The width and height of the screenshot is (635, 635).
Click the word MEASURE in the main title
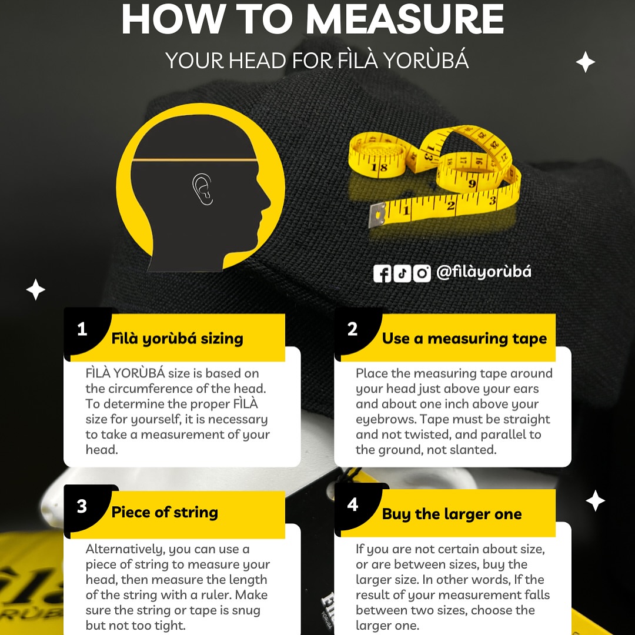(405, 19)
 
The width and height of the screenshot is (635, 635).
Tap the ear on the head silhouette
(202, 189)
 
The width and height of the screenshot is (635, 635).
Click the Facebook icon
(382, 273)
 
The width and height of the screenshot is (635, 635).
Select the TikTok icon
(402, 273)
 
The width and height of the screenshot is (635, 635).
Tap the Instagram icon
(422, 273)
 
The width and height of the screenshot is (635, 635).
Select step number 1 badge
(82, 329)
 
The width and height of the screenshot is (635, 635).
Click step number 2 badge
(352, 329)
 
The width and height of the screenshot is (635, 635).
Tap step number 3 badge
(82, 506)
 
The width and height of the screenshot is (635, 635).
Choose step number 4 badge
(353, 504)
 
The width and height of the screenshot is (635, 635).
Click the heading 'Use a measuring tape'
(464, 339)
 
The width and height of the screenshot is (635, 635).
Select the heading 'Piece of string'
(165, 513)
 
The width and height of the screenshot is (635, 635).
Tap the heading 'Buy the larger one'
(452, 514)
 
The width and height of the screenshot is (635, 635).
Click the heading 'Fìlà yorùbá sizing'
(178, 339)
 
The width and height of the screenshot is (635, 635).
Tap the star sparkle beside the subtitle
(585, 62)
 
